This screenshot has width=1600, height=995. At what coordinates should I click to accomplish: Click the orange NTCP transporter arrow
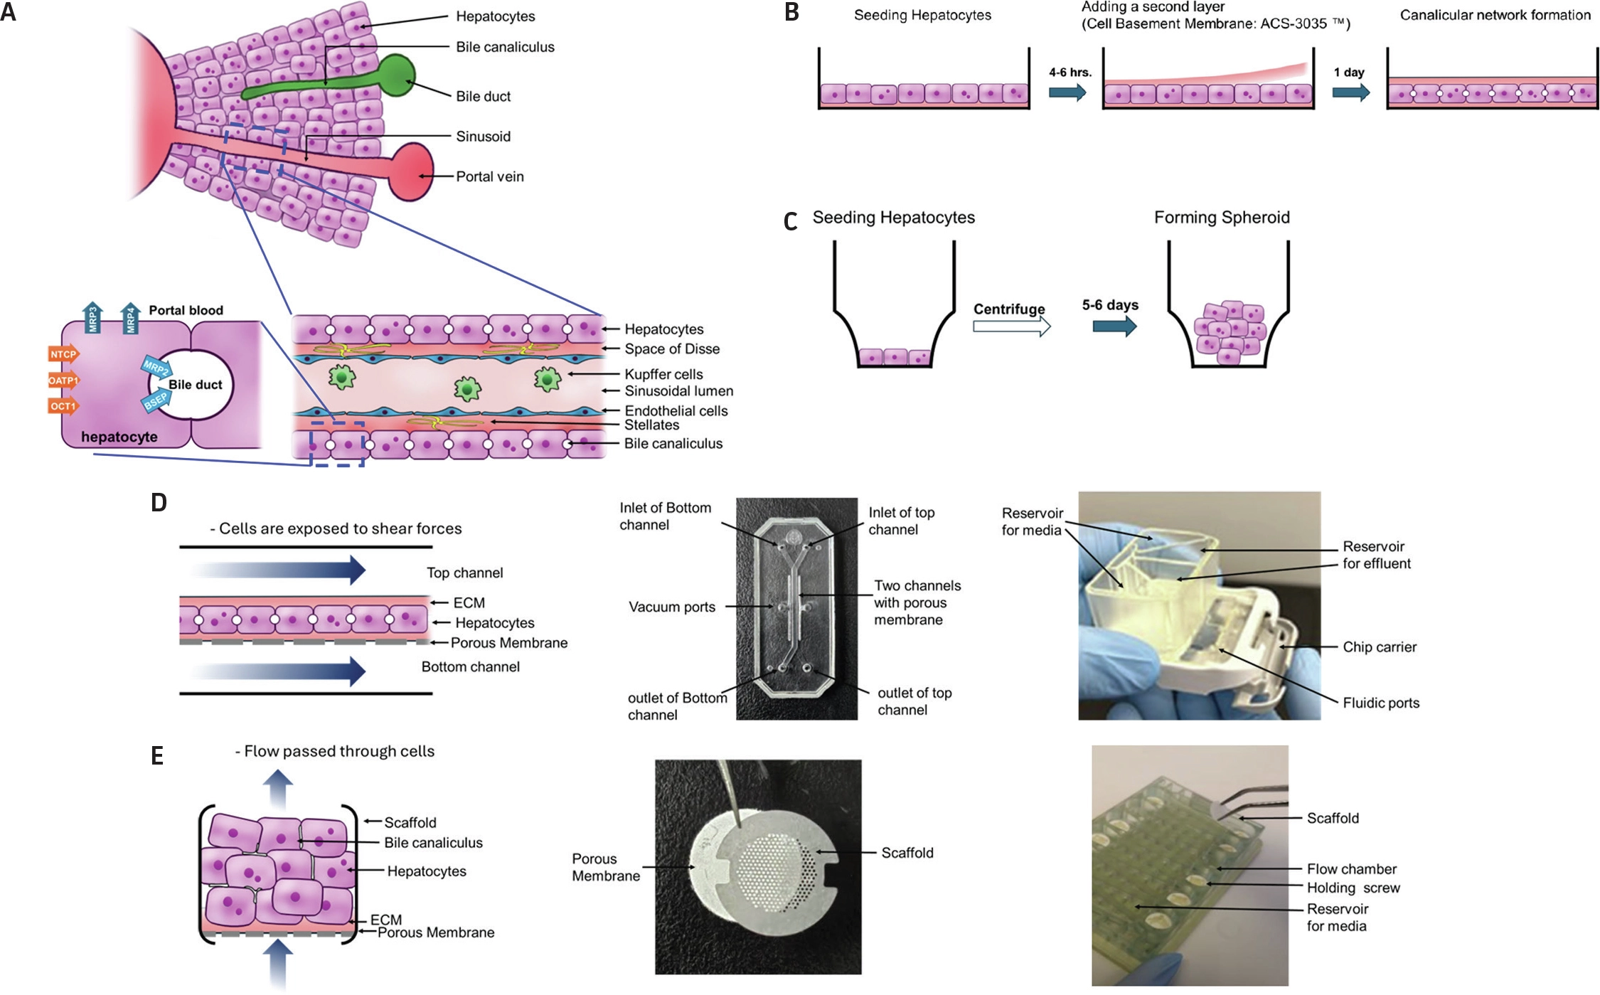pyautogui.click(x=63, y=354)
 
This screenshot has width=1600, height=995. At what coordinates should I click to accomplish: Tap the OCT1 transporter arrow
pyautogui.click(x=63, y=406)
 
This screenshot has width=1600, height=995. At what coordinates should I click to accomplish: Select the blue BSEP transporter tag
pyautogui.click(x=156, y=401)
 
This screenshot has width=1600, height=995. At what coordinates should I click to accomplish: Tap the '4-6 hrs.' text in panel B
pyautogui.click(x=1070, y=73)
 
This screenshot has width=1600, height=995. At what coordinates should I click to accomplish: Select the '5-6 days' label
pyautogui.click(x=1109, y=305)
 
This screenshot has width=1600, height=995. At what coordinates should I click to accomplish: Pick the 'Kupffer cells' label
pyautogui.click(x=663, y=374)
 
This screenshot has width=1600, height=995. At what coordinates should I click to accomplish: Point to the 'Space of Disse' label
pyautogui.click(x=671, y=349)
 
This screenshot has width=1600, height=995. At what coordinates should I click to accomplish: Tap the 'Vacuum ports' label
pyautogui.click(x=671, y=607)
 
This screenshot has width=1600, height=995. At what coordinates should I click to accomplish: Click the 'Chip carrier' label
pyautogui.click(x=1379, y=647)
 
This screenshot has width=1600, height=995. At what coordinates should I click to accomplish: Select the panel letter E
pyautogui.click(x=157, y=755)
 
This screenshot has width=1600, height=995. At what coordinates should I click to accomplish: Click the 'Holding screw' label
pyautogui.click(x=1353, y=888)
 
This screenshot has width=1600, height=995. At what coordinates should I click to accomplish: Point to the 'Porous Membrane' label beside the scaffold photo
pyautogui.click(x=605, y=867)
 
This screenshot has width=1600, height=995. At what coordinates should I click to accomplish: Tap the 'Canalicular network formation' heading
pyautogui.click(x=1495, y=15)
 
